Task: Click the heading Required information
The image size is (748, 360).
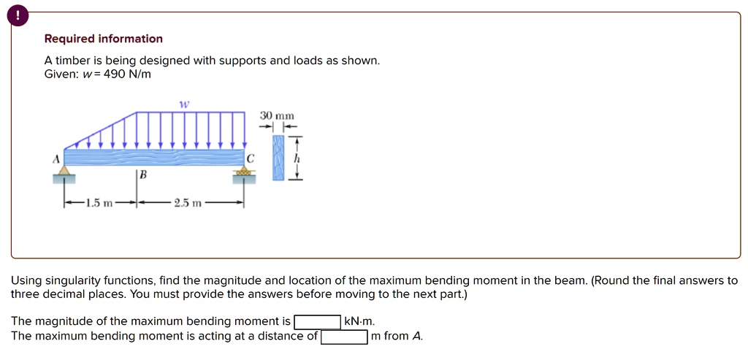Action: tap(103, 39)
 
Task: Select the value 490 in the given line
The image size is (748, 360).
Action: tap(115, 74)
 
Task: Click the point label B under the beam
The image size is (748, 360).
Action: tap(142, 175)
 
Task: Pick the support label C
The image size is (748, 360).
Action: tap(251, 158)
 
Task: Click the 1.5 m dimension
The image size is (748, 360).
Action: tap(98, 203)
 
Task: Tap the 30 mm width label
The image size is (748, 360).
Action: tap(277, 115)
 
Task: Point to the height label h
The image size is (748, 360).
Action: tap(297, 158)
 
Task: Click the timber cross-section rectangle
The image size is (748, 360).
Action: tap(277, 157)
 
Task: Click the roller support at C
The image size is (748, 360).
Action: tap(244, 174)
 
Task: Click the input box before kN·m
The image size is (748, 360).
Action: tap(317, 321)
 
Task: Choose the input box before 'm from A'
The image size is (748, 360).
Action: tap(344, 337)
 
